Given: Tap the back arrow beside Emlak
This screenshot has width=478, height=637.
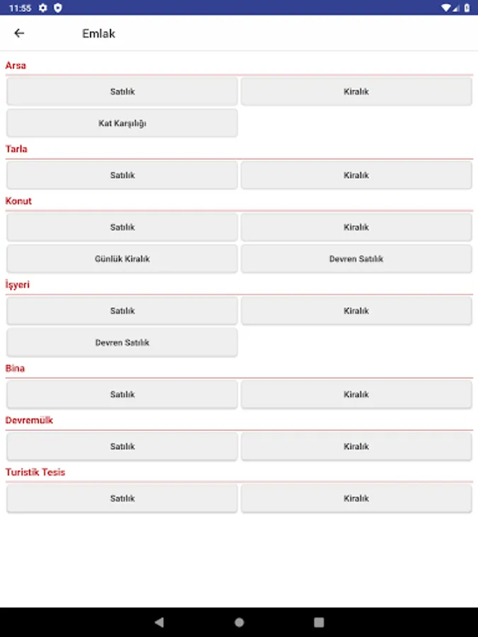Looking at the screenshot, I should click(19, 33).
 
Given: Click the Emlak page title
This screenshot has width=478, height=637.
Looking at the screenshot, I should click(98, 33).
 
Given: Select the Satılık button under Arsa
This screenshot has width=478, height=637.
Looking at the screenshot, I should click(123, 91).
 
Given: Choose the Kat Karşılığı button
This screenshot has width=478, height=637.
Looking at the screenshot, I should click(123, 123).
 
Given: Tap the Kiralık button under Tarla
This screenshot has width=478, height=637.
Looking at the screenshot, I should click(356, 175).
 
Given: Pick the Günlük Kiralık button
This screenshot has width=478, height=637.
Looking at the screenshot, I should click(123, 259).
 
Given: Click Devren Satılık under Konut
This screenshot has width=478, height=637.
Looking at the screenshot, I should click(356, 259).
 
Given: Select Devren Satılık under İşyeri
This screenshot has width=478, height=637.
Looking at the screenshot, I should click(123, 343).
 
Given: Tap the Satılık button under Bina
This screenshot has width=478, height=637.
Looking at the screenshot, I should click(123, 394).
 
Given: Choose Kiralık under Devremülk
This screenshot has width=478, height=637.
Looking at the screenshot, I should click(356, 447).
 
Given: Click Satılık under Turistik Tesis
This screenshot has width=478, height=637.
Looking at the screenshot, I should click(123, 498).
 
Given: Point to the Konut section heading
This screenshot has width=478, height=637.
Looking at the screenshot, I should click(18, 201).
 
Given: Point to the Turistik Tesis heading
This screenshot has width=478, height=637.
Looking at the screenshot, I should click(35, 472).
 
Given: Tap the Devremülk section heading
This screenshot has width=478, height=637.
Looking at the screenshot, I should click(29, 420).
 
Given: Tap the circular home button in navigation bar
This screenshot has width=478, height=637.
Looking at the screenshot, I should click(239, 622).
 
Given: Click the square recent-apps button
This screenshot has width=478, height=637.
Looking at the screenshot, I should click(319, 622).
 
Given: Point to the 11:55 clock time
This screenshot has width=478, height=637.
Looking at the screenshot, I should click(21, 8).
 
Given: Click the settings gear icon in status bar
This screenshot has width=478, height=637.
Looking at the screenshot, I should click(43, 8).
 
